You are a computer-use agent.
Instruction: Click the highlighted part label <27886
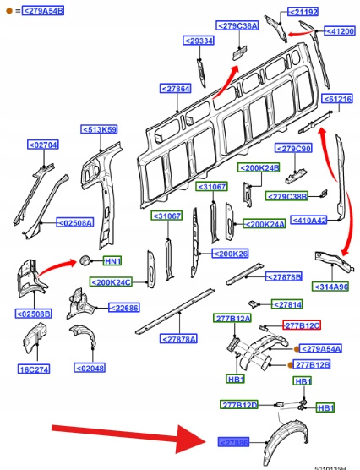pos(233,442)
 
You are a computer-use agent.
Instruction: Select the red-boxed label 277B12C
pos(302,325)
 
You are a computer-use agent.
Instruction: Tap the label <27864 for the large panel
pos(176,89)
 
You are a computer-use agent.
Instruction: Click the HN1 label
pos(112,261)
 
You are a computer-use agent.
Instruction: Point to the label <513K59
pos(99,129)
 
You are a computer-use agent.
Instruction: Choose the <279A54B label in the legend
pos(43,11)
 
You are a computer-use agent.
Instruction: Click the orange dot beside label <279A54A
pos(296,349)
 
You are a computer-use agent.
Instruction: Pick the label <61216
pos(337,99)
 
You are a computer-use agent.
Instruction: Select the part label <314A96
pos(330,287)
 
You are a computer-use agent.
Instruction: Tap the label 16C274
pos(34,369)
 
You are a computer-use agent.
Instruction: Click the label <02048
pos(90,368)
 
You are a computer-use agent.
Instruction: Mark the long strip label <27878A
pos(178,339)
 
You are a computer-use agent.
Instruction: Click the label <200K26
pos(230,254)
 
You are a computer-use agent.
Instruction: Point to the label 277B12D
pos(239,405)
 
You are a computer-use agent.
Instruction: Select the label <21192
pos(303,12)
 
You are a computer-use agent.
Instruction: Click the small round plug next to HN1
pos(85,260)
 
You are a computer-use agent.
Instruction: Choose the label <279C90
pos(293,148)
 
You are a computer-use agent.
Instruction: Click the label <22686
pos(124,308)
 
